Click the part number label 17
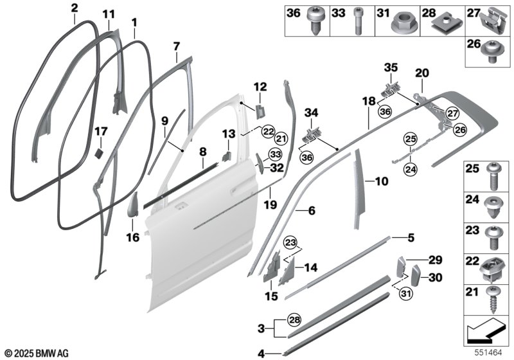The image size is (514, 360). pos(101,130)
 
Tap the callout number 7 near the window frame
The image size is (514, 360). pos(176,46)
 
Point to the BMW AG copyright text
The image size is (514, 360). pos(36,353)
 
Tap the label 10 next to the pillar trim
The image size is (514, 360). pos(381,182)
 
